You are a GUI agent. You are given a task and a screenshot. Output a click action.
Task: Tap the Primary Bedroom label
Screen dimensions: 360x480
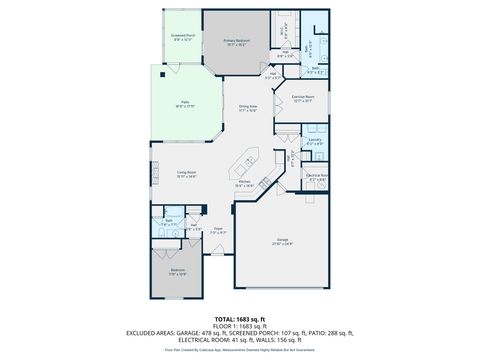pos(236,41)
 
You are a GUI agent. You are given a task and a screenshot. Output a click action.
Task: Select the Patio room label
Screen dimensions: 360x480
pos(185,103)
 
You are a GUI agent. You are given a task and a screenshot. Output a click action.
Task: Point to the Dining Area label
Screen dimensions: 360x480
pos(248,108)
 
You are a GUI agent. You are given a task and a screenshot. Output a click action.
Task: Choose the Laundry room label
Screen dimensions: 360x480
pos(314,141)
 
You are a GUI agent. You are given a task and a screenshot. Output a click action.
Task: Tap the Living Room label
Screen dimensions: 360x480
pos(187,174)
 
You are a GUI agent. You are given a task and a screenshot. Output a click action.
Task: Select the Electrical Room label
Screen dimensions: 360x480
pos(316,176)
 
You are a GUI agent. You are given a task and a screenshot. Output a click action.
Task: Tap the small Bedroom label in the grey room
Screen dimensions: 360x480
pos(177,271)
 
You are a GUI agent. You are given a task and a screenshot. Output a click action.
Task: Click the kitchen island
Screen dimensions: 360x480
pos(248,158)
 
